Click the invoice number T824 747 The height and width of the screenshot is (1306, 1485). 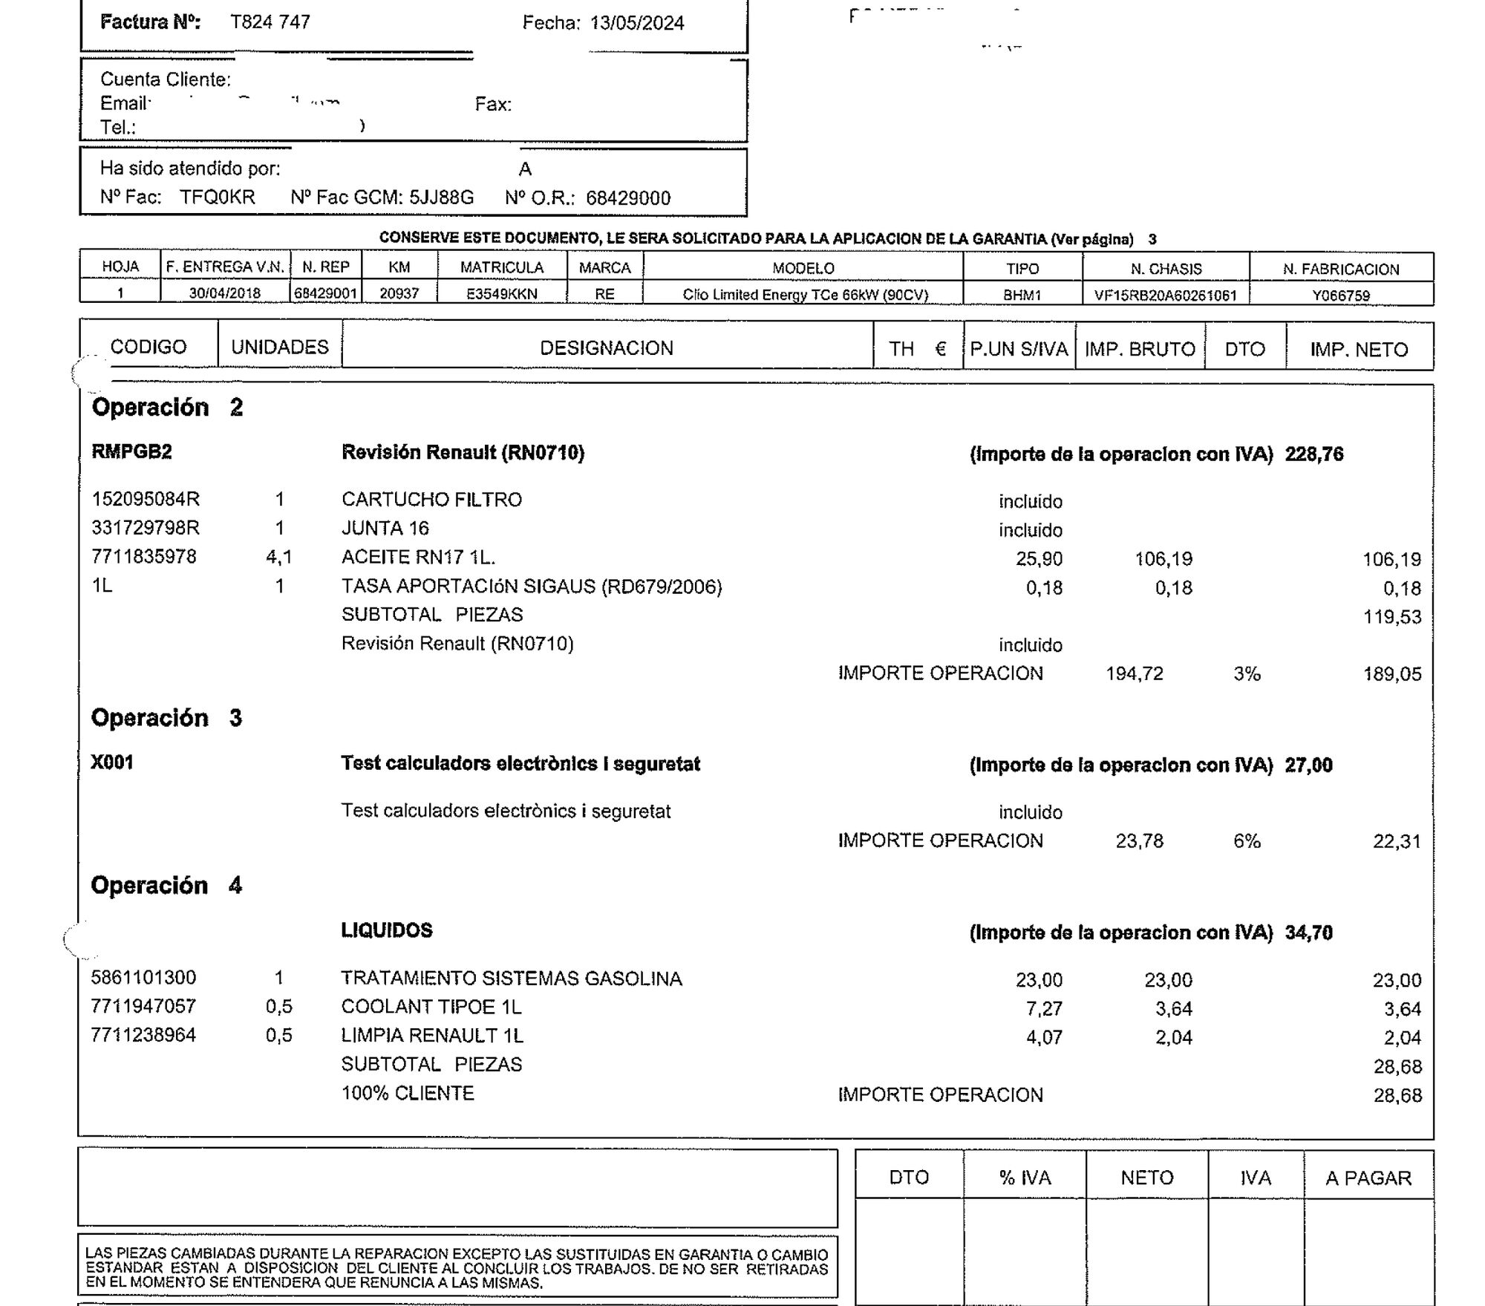[270, 22]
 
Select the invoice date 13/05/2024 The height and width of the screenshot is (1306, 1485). [636, 23]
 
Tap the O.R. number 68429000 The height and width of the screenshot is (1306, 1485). [627, 198]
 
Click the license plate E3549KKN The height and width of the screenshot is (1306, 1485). [501, 294]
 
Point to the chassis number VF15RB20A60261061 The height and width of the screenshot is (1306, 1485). [1165, 296]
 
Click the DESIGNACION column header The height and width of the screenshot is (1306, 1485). [606, 348]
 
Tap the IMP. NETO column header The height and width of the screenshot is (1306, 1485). [1358, 350]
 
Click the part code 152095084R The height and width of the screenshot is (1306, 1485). [146, 499]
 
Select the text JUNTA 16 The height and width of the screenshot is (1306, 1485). [385, 528]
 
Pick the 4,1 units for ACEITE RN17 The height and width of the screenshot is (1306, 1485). [278, 557]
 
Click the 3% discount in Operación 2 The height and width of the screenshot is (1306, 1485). [1247, 673]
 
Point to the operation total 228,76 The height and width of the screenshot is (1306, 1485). [1313, 454]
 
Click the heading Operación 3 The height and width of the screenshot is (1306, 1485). [166, 717]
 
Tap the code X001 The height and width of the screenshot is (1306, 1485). [112, 763]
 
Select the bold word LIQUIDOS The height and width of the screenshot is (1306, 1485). [386, 930]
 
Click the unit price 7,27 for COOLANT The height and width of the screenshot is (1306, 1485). [1043, 1008]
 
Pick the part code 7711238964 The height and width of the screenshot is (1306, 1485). [143, 1035]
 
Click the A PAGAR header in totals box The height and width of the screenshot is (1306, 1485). [1368, 1178]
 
